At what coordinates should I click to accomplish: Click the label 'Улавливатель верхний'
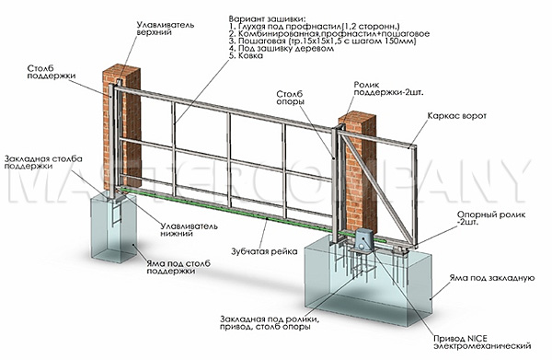point(165,29)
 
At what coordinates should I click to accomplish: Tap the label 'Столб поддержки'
point(52,72)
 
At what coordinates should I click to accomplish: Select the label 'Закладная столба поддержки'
point(43,162)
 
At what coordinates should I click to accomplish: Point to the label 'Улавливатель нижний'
point(189,229)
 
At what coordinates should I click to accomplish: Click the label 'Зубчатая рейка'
point(264,251)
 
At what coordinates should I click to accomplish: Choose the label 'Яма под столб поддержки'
point(178,267)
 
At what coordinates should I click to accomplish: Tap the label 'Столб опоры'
point(290,98)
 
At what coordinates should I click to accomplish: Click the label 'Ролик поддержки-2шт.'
point(388,88)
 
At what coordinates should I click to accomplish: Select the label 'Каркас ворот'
point(456,116)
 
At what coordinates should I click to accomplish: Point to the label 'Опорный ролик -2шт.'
point(491,218)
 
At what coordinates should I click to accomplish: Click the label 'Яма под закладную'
point(492,278)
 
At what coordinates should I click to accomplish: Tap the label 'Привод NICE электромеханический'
point(482,342)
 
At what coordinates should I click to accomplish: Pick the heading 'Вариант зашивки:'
point(267,18)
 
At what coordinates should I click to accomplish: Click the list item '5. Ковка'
point(246,55)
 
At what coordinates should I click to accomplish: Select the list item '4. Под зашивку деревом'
point(281,48)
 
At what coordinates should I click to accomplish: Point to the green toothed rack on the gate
point(254,215)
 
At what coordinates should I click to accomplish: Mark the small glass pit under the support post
point(113,229)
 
